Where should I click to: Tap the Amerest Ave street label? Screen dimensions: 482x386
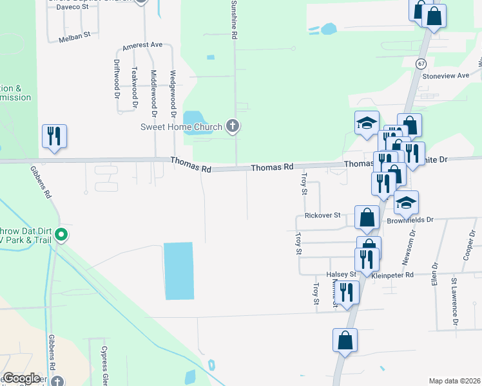[x=142, y=45]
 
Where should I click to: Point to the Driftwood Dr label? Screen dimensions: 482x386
[x=117, y=77]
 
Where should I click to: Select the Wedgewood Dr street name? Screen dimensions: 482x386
[x=173, y=93]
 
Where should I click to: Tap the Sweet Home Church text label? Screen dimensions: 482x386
[x=181, y=127]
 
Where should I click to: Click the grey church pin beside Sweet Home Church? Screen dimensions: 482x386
[x=233, y=127]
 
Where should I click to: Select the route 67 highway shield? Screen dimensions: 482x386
[x=421, y=64]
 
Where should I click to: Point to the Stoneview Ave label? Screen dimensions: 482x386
[x=445, y=75]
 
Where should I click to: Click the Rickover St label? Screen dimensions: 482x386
[x=322, y=216]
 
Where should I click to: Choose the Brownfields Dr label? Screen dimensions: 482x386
[x=410, y=219]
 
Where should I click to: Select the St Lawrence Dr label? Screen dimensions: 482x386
[x=454, y=300]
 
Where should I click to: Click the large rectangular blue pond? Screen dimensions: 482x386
[x=178, y=270]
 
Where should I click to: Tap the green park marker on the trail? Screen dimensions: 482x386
[x=61, y=235]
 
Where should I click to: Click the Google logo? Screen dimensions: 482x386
[x=21, y=378]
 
